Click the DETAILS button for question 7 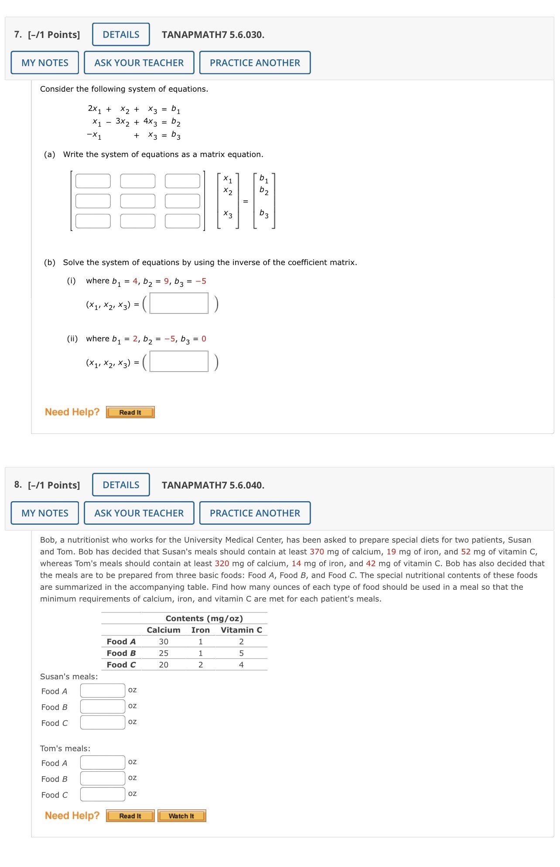[121, 34]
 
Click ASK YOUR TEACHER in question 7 [139, 63]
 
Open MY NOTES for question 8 [45, 513]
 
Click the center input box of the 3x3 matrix [138, 201]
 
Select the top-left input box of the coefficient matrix [93, 181]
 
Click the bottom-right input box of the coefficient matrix [182, 221]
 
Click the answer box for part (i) [179, 303]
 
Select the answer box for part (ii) [179, 361]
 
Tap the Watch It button [181, 816]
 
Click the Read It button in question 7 [130, 413]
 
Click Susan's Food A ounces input [102, 691]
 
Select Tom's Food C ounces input [102, 794]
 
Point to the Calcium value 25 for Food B [164, 653]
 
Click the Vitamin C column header [241, 630]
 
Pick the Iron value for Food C [201, 665]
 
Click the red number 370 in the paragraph [317, 552]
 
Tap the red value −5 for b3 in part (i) [201, 281]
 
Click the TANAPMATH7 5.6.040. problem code [213, 485]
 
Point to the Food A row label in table [121, 642]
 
